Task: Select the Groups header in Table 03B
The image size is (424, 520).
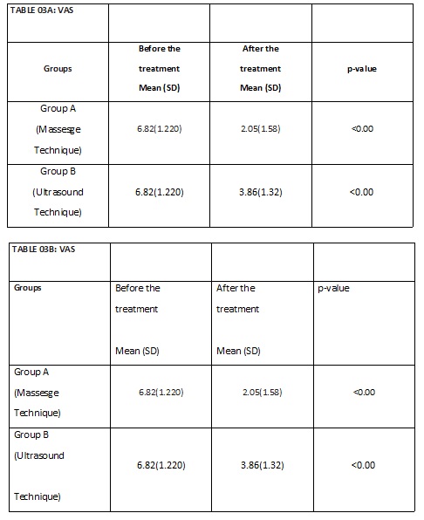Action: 28,287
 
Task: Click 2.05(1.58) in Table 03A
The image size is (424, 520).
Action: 260,130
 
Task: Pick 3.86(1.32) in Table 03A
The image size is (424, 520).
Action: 260,192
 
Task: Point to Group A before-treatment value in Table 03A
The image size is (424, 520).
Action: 160,130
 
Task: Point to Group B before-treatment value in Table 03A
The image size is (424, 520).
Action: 160,192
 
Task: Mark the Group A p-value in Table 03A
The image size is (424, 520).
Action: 361,130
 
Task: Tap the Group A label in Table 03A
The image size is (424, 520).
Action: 58,110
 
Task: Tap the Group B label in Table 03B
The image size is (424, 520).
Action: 32,434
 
